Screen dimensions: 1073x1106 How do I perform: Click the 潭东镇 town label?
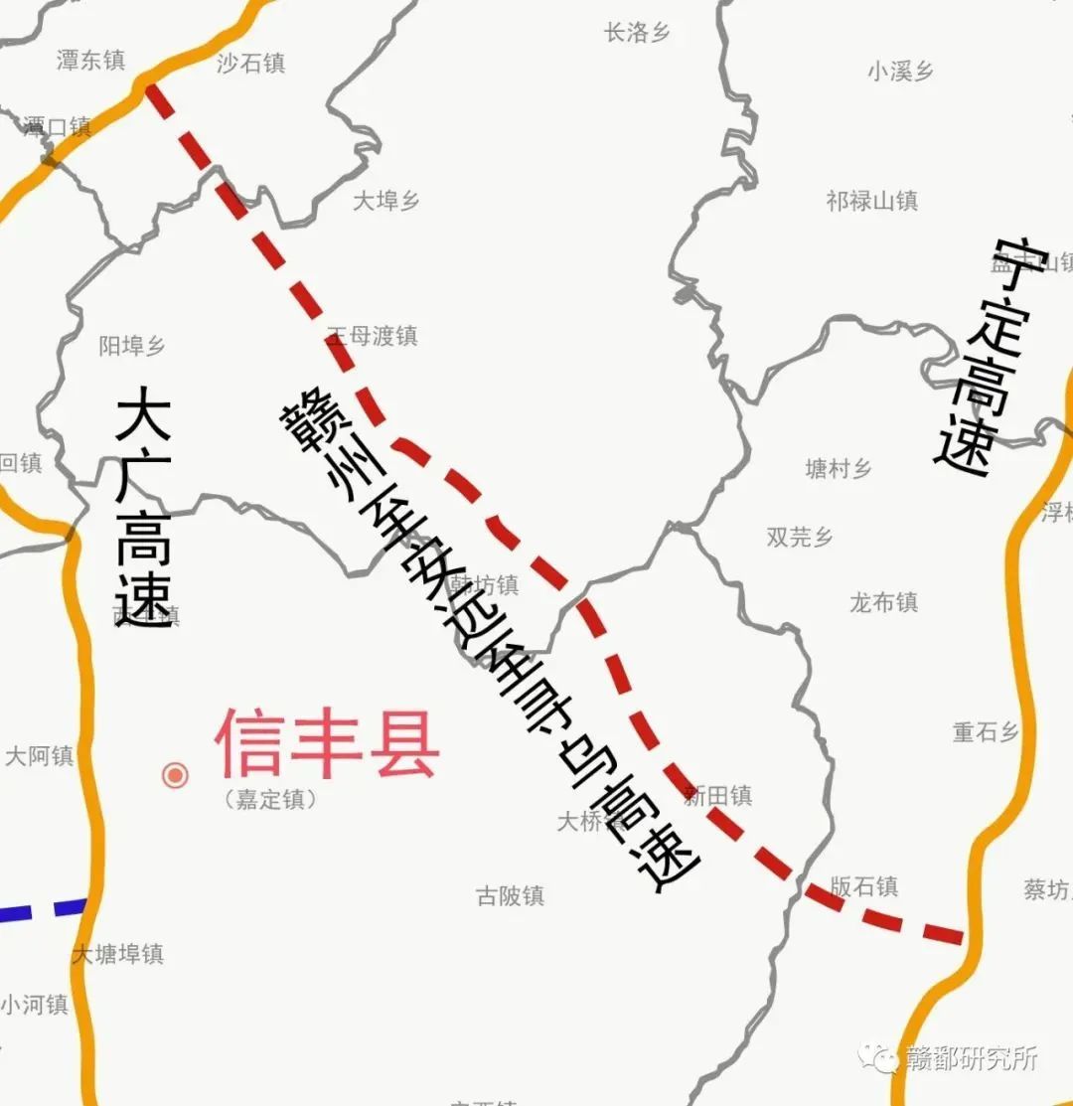pos(90,61)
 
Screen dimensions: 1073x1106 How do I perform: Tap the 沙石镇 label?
pos(251,64)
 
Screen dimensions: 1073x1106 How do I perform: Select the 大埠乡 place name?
pos(386,201)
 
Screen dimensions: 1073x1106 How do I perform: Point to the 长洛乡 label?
pos(637,33)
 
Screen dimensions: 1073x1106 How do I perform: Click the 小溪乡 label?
pos(900,71)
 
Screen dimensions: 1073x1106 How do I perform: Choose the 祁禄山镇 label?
pos(871,201)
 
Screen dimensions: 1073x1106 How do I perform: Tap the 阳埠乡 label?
pos(132,346)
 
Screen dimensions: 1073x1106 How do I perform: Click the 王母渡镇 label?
pos(373,336)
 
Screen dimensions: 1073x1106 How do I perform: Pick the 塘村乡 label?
pos(838,469)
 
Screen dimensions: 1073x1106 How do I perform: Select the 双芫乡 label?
pos(800,537)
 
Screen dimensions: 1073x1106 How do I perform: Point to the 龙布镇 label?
pos(883,602)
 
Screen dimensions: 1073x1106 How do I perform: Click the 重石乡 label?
pos(986,732)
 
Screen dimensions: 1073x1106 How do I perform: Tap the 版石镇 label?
pos(863,886)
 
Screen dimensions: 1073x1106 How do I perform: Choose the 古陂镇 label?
pos(511,896)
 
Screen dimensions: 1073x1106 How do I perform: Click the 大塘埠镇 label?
pos(117,954)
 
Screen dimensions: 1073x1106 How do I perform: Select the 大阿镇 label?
pos(40,756)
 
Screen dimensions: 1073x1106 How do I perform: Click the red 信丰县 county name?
pos(327,744)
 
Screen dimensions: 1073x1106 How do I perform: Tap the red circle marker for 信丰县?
pos(175,775)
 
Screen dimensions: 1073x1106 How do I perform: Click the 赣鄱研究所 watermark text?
pos(971,1058)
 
